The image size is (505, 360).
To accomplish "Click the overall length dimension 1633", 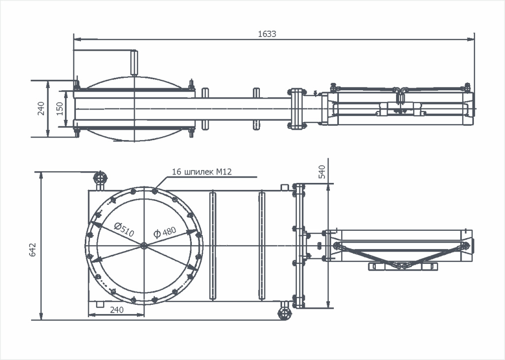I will pyautogui.click(x=267, y=34).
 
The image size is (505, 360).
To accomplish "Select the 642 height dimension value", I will pyautogui.click(x=33, y=249).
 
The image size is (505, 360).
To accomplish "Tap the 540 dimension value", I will pyautogui.click(x=323, y=172).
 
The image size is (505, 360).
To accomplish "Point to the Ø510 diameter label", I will pyautogui.click(x=123, y=229).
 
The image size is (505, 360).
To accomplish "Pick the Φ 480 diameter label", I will pyautogui.click(x=165, y=232).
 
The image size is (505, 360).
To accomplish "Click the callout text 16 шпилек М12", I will pyautogui.click(x=202, y=172).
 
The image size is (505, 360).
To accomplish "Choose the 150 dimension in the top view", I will pyautogui.click(x=60, y=108).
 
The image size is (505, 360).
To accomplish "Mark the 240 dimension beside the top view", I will pyautogui.click(x=41, y=108).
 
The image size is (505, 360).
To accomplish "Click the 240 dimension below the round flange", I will pyautogui.click(x=116, y=310).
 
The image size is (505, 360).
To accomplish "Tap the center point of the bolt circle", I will pyautogui.click(x=144, y=245).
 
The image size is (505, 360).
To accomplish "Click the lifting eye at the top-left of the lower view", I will pyautogui.click(x=100, y=178).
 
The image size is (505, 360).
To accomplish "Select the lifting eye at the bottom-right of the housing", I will pyautogui.click(x=284, y=313).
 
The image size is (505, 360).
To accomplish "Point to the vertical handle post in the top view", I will pyautogui.click(x=133, y=63).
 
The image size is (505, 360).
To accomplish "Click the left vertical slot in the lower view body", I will pyautogui.click(x=213, y=245).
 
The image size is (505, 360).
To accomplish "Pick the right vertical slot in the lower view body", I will pyautogui.click(x=261, y=245).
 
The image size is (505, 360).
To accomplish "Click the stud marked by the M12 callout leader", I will pyautogui.click(x=155, y=191).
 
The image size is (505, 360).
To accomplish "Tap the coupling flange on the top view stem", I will pyautogui.click(x=295, y=108).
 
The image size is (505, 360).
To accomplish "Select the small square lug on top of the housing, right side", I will pyautogui.click(x=284, y=187).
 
